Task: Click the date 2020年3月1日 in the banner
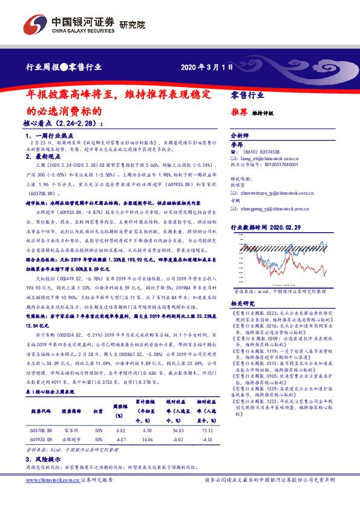point(206,67)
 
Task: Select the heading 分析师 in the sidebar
point(240,136)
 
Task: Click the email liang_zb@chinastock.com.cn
point(272,157)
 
